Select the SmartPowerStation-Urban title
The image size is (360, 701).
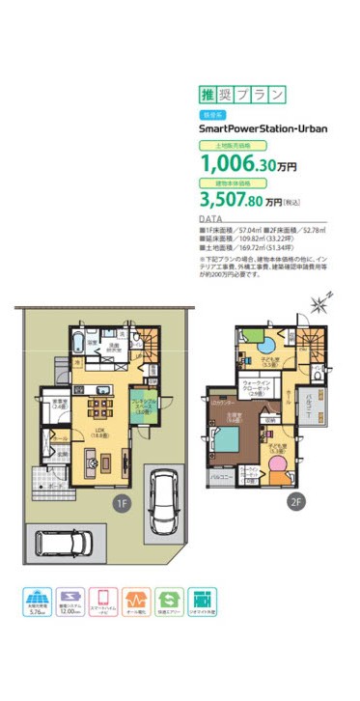pos(257,126)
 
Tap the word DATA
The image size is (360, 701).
pos(210,220)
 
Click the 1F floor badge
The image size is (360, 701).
pos(122,502)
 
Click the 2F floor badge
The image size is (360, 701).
pos(295,502)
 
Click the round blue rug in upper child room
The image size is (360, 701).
pos(264,344)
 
